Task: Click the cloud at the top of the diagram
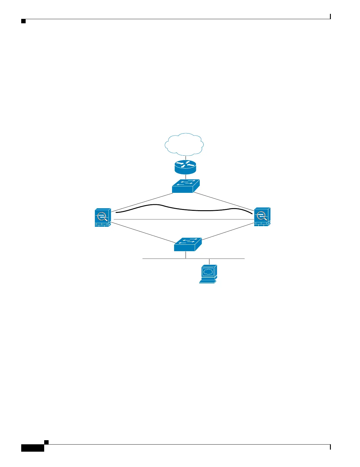pos(184,144)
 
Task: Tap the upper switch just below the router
pos(186,186)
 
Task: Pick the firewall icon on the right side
pos(262,217)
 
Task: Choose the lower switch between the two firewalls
pos(188,244)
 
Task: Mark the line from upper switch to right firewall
pos(224,202)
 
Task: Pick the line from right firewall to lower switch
pos(228,233)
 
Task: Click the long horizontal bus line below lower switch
pos(159,259)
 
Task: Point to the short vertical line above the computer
pos(209,262)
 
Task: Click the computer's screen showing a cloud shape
pos(208,272)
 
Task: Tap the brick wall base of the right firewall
pos(262,224)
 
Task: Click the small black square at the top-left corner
pos(23,22)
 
